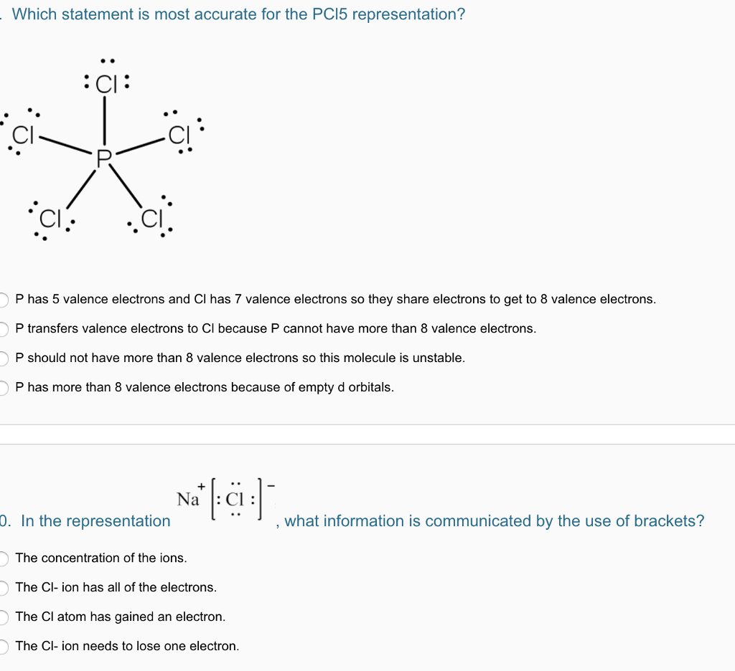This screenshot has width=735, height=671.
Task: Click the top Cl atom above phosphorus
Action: pos(106,85)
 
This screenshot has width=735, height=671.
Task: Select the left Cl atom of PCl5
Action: pos(23,135)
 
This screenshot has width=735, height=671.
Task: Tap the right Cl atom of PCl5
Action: pos(178,134)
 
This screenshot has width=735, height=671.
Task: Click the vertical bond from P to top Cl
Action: pos(106,122)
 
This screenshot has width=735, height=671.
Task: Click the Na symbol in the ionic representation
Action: pos(187,500)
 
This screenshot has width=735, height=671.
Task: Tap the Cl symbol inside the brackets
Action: pos(235,500)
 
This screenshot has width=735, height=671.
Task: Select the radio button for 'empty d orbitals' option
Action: pos(3,388)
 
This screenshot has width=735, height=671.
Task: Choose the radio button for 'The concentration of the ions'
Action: pos(3,558)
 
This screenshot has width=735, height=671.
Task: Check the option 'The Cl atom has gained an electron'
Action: pos(3,617)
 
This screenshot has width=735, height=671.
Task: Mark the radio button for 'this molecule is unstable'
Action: pos(3,358)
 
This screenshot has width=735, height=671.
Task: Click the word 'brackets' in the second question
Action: pos(673,521)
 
